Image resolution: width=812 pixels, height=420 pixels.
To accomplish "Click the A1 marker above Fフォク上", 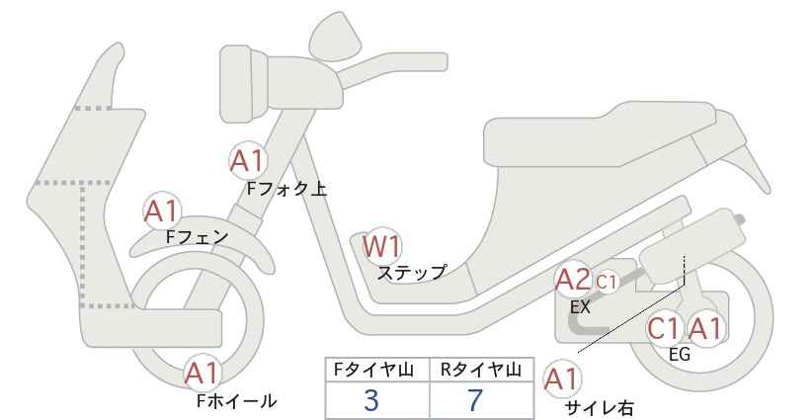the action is tap(249, 160).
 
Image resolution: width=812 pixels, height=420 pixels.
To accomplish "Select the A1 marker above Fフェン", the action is tap(162, 210).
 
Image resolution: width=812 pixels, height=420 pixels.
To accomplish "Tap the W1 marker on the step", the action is tap(381, 246).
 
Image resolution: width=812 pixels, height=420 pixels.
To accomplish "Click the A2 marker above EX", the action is tap(573, 280).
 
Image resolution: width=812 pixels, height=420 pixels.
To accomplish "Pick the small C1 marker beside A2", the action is tap(607, 283).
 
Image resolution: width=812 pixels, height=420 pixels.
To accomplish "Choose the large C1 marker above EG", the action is tap(664, 328).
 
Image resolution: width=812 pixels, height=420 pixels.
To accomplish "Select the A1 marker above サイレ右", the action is tap(562, 379).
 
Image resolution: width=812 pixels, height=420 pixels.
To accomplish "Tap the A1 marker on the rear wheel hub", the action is tap(704, 328).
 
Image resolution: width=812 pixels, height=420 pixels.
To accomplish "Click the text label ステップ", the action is tap(412, 272).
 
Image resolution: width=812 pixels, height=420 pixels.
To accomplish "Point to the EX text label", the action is tap(580, 307).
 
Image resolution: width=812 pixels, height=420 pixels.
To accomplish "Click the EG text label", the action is tap(680, 355).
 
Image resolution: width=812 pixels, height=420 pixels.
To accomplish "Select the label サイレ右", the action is tap(600, 408).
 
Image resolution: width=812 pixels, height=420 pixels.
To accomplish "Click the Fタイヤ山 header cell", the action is tap(377, 370).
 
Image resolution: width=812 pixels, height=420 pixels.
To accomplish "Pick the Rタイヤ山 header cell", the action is tap(482, 370).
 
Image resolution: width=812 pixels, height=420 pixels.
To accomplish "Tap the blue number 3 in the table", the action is tap(371, 400).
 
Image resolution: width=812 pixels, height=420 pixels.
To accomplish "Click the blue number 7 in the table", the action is tap(475, 400).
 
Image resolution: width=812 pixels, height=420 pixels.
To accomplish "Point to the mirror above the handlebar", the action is tap(336, 32).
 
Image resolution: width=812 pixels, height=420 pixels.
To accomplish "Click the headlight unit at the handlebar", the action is tap(244, 83).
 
